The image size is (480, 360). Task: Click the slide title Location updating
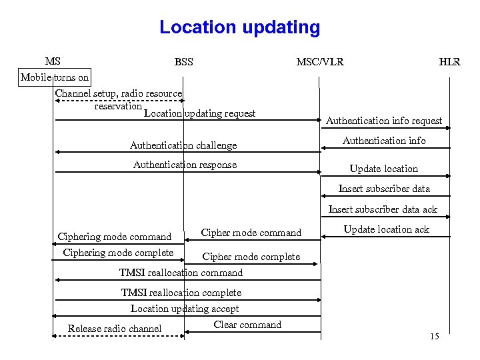pos(239,28)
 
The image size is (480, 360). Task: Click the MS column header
pos(53,61)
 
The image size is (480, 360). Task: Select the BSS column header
pos(183,62)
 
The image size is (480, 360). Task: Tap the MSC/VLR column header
pos(320,62)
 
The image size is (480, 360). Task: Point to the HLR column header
pos(449,62)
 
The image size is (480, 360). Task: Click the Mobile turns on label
pos(55,77)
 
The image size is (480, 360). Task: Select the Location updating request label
pos(199,113)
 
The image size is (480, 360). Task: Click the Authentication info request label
pos(383,121)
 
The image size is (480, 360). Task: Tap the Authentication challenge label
pos(183,145)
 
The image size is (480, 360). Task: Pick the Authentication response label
pos(185,165)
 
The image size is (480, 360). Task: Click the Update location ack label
pos(387,229)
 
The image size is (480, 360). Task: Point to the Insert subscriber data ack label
pos(383,209)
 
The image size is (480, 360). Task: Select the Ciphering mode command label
pos(115,237)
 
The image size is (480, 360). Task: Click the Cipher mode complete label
pos(251,257)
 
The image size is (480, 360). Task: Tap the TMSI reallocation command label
pos(181,273)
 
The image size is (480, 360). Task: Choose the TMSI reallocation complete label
pos(181,293)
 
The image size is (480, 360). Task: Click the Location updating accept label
pos(185,309)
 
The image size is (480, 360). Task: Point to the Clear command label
pos(247,325)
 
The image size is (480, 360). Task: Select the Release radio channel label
pos(115,328)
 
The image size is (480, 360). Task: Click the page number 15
pos(435,337)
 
